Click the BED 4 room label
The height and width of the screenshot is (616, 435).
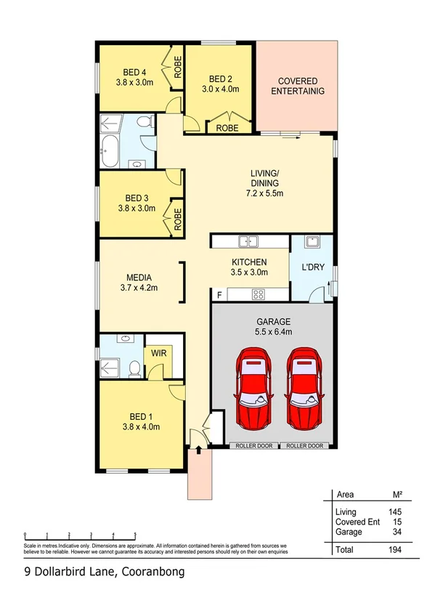click(134, 72)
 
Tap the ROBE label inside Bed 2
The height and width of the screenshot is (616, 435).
click(228, 127)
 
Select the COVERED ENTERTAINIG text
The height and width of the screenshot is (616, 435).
click(297, 86)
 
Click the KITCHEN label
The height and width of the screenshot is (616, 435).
click(249, 262)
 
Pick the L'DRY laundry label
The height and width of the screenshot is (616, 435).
click(313, 267)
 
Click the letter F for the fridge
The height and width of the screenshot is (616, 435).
click(219, 294)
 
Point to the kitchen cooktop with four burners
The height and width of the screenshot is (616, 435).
click(257, 294)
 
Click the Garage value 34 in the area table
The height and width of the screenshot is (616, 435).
click(396, 531)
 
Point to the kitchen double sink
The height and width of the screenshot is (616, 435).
click(248, 241)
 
